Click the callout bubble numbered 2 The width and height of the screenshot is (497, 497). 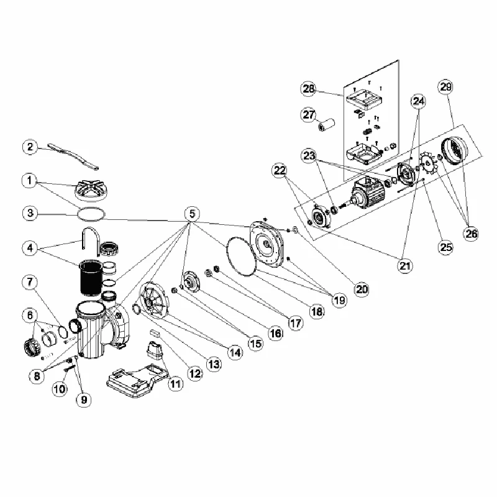[x=30, y=147]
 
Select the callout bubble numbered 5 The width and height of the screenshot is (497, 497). [x=192, y=214]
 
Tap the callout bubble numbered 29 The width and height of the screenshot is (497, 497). [x=445, y=87]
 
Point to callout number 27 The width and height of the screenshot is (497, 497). [x=308, y=114]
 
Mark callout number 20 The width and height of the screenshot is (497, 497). [x=362, y=289]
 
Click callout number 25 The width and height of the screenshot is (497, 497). [x=445, y=247]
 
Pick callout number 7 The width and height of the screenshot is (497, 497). [x=30, y=282]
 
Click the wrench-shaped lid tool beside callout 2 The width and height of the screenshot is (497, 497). [x=73, y=156]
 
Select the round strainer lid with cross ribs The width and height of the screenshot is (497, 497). [x=89, y=189]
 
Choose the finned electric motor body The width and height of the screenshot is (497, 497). [x=368, y=190]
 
